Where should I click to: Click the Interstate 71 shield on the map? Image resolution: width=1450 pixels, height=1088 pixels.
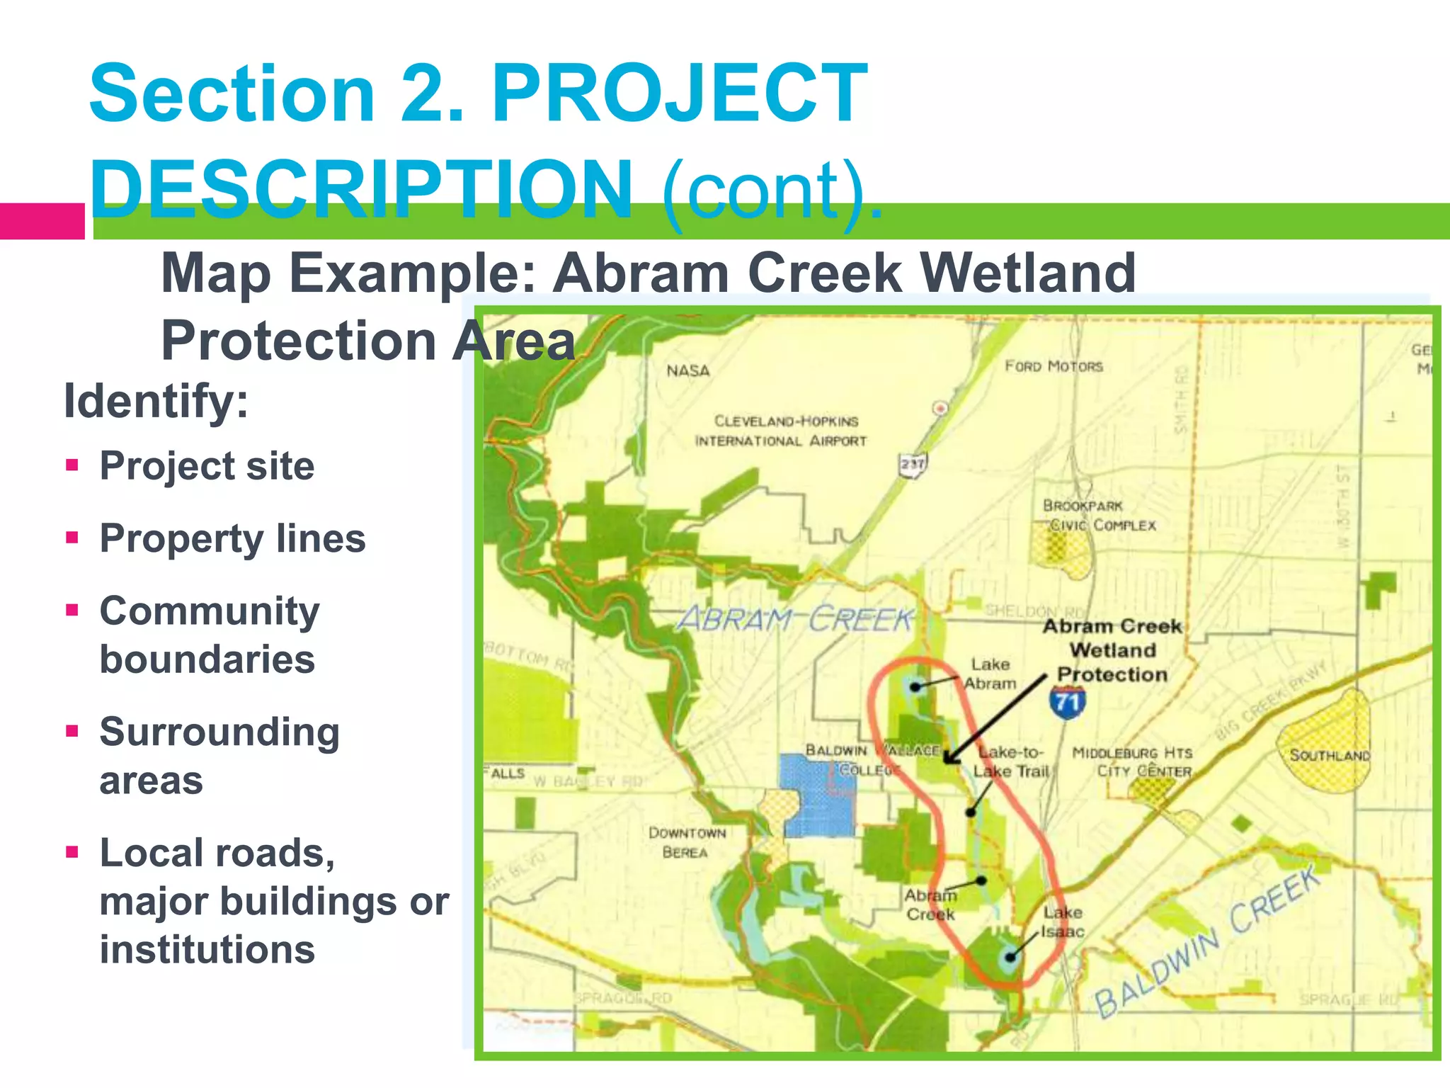click(1067, 703)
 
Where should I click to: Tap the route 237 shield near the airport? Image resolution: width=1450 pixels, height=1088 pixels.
click(913, 465)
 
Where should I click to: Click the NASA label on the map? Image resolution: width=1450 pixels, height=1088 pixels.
click(687, 370)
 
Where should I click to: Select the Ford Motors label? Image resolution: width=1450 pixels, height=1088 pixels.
click(1054, 366)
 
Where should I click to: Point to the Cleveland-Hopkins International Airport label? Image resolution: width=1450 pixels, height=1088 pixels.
click(782, 431)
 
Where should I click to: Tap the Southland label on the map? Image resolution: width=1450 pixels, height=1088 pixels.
click(1329, 755)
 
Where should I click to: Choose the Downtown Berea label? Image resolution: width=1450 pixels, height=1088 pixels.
click(687, 842)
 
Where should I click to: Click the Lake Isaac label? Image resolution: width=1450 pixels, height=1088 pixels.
click(1062, 922)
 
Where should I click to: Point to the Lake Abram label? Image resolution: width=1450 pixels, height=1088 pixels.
click(990, 674)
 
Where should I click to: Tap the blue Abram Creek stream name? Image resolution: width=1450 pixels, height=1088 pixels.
click(794, 620)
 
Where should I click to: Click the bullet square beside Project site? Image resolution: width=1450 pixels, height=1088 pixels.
click(72, 465)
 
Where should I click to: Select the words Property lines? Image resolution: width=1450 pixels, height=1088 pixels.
click(232, 538)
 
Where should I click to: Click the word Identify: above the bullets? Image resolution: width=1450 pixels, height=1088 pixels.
click(156, 401)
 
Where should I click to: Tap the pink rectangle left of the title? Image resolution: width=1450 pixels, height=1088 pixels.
click(42, 221)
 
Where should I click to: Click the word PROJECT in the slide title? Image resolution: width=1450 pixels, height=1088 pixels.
click(680, 94)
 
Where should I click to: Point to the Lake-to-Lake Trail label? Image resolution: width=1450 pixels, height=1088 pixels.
click(1010, 761)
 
